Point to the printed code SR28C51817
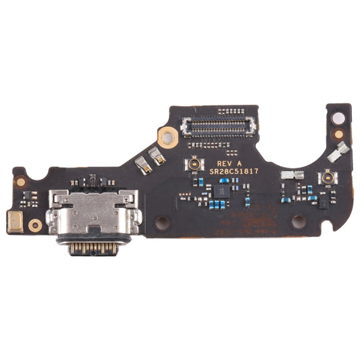(x=233, y=173)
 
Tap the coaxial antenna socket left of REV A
(x=195, y=163)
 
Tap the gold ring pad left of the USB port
(x=34, y=225)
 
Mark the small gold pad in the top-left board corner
(x=21, y=181)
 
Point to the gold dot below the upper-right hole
(x=338, y=134)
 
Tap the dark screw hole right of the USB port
(x=162, y=221)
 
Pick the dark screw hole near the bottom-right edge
(x=298, y=222)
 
